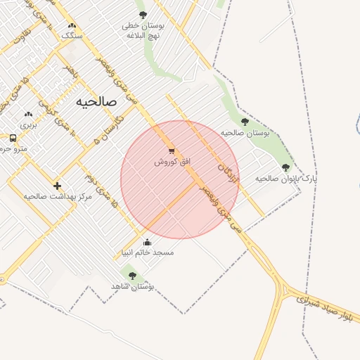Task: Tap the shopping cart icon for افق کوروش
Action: (172, 151)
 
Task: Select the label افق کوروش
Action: (172, 162)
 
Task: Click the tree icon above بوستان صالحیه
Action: (245, 122)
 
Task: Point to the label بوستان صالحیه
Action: (245, 132)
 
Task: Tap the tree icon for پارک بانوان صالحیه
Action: (285, 167)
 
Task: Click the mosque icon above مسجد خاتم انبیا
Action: (147, 243)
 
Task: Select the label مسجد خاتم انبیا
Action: (148, 252)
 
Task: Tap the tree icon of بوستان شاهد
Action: (132, 276)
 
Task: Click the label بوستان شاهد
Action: (132, 286)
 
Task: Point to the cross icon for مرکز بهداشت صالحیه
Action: (57, 186)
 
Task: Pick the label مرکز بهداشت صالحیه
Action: (58, 196)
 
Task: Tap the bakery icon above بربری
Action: (28, 114)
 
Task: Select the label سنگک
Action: (72, 34)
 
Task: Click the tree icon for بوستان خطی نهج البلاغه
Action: (143, 14)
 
